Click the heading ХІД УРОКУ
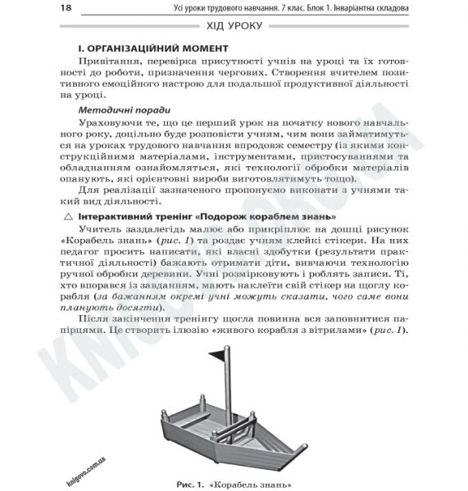click(234, 27)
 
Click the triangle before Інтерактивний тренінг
click(68, 216)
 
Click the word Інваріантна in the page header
click(357, 8)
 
